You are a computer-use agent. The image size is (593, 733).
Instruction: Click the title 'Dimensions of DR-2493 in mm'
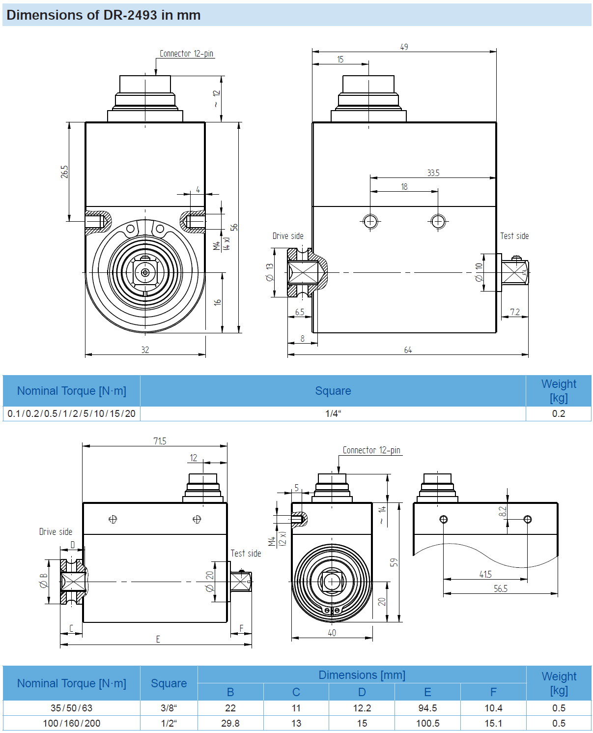[103, 15]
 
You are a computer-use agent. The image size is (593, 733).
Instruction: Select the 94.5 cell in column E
[427, 708]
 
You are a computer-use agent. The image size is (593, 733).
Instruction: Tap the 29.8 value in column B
[230, 723]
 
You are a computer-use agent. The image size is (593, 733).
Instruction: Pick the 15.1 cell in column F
[493, 723]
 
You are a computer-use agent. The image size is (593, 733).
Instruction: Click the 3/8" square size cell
[169, 708]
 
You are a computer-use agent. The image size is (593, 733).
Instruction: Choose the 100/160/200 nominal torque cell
[72, 723]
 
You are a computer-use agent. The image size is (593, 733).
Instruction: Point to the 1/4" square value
[333, 413]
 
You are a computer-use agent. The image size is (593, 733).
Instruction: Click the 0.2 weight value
[558, 413]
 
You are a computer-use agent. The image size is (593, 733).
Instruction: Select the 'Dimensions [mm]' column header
[362, 675]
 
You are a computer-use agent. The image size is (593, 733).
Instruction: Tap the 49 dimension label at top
[404, 47]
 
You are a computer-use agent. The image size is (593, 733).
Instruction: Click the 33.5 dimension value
[433, 173]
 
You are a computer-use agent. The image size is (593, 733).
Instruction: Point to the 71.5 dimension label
[160, 441]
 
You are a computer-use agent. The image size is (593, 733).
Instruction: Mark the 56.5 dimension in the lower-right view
[500, 588]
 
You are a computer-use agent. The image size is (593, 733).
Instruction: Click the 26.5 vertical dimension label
[65, 172]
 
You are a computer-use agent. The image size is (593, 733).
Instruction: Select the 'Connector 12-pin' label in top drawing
[186, 54]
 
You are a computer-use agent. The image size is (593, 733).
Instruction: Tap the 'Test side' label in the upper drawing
[514, 236]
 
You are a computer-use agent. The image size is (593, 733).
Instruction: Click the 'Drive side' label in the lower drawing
[56, 532]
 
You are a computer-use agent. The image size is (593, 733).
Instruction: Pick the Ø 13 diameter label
[269, 272]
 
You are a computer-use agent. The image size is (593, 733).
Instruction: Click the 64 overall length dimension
[408, 350]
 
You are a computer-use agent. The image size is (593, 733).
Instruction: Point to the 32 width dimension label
[145, 350]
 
